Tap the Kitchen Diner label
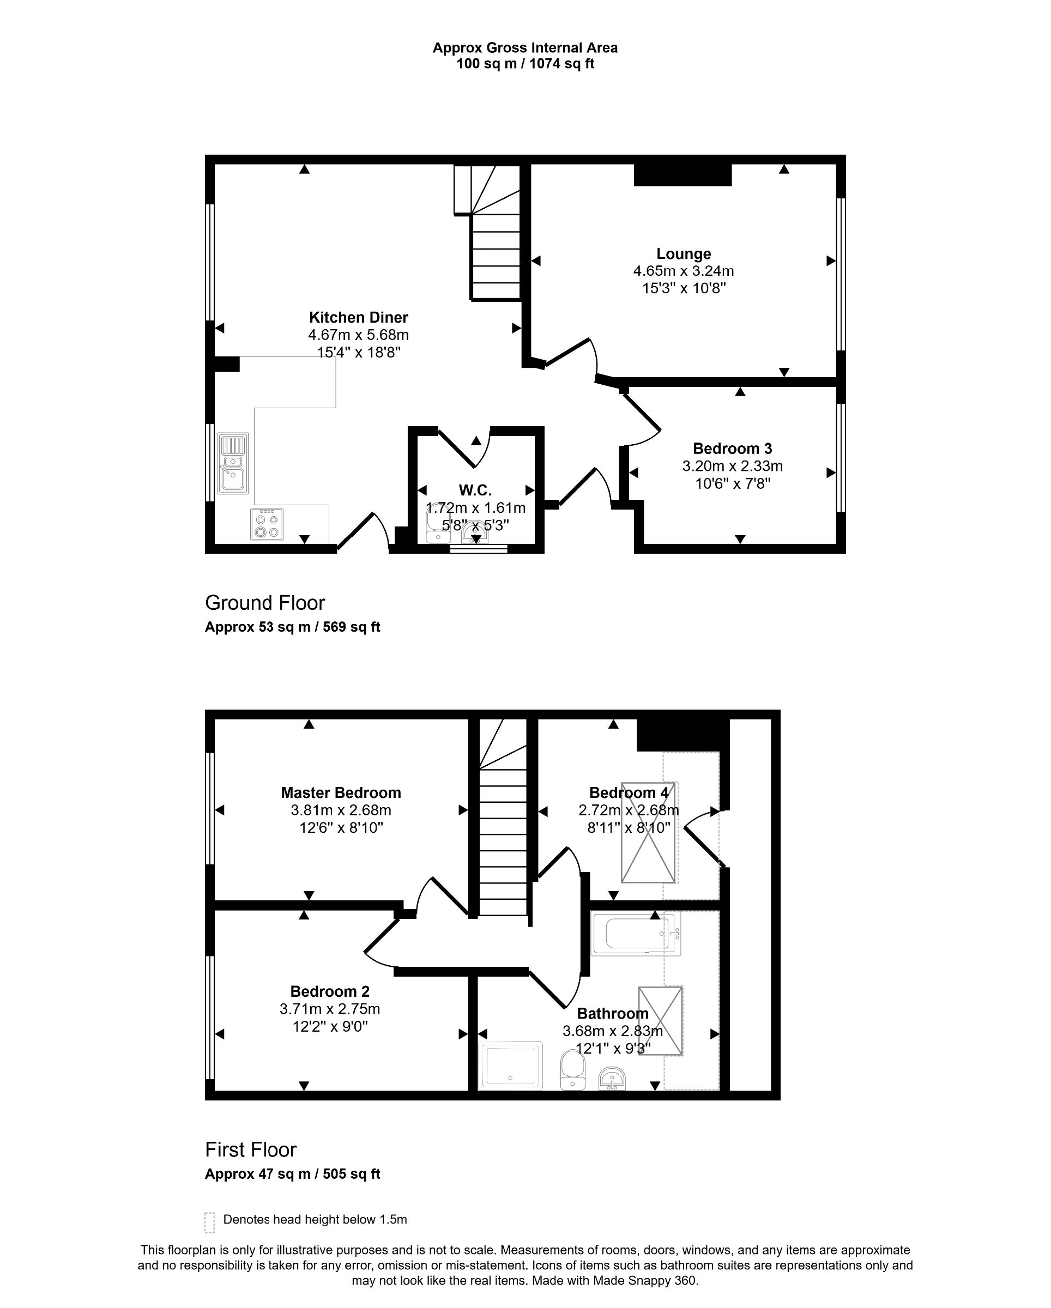pos(358,317)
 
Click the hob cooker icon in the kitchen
pos(267,524)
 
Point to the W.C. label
pos(475,490)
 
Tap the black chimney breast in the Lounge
pos(682,175)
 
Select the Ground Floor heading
pos(264,602)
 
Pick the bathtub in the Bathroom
pos(635,935)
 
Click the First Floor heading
pos(250,1149)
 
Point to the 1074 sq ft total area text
pos(561,64)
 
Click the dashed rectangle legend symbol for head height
pos(209,1222)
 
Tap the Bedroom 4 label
pos(629,792)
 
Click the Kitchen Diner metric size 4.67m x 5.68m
pos(358,335)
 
